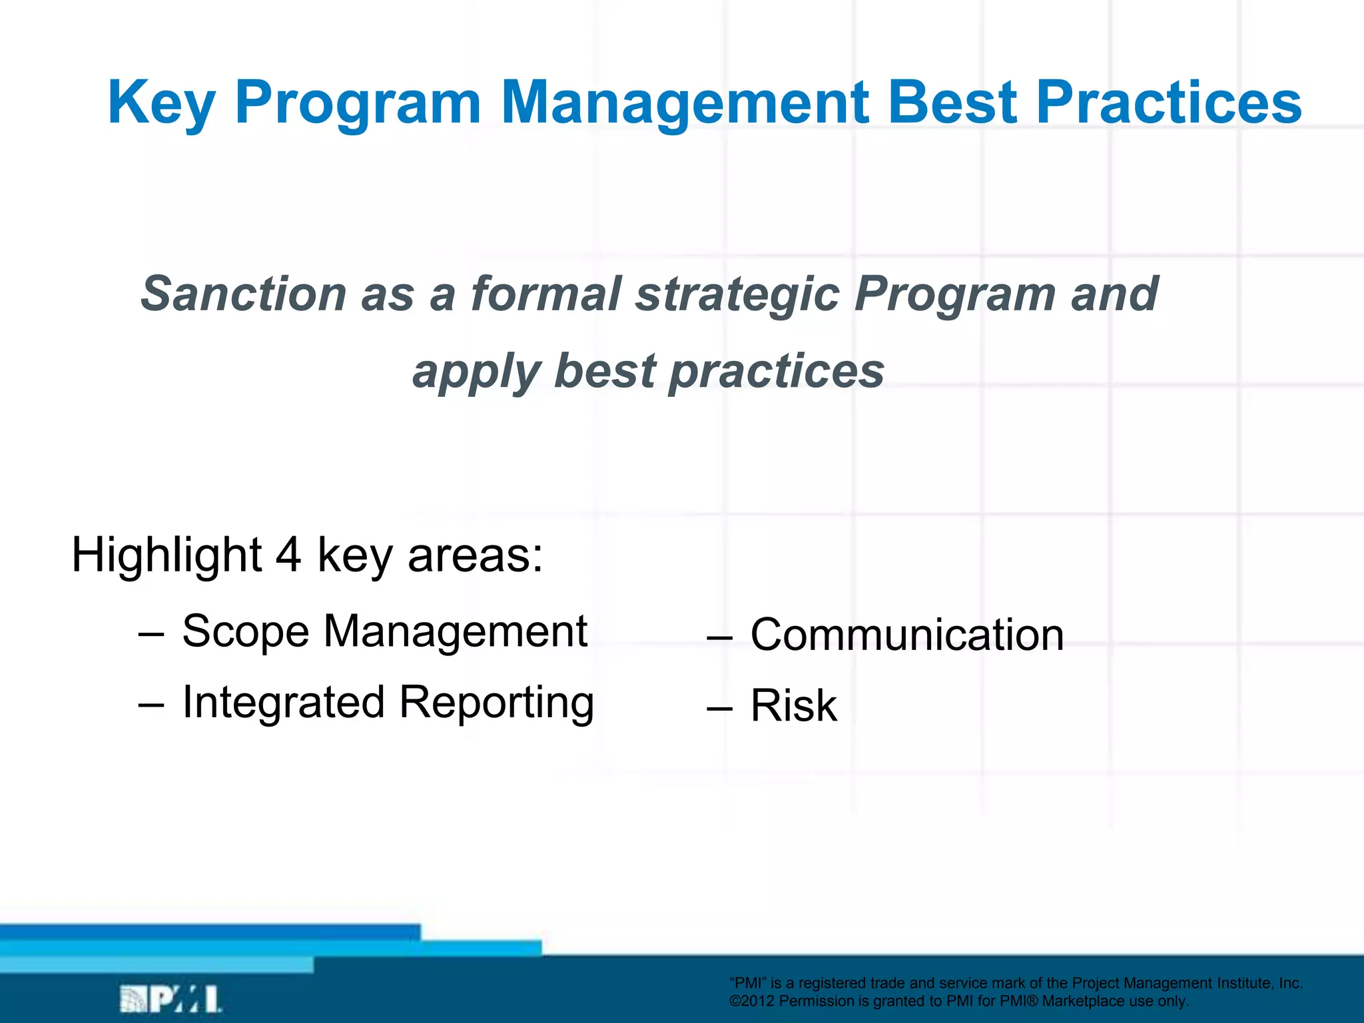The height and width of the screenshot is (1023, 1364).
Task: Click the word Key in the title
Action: coord(161,103)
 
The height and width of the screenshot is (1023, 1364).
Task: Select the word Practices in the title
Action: coord(1168,103)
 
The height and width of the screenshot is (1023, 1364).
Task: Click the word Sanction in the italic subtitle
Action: coord(243,294)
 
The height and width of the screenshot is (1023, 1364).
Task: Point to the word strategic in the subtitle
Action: coord(737,294)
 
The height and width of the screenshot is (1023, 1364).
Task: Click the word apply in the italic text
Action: coord(474,372)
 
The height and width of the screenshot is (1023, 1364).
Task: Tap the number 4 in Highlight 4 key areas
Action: coord(288,555)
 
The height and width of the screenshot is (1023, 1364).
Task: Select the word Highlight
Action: coord(167,555)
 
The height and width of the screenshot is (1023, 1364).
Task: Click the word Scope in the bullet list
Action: coord(245,631)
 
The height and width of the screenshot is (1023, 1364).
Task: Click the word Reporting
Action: coord(496,703)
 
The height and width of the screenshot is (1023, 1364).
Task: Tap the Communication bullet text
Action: coord(906,635)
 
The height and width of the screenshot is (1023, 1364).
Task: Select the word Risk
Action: coord(793,706)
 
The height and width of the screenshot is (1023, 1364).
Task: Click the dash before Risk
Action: coord(719,707)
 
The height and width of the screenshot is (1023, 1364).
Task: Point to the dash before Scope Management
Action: coord(151,633)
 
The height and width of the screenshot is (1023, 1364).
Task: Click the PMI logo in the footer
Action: coord(170,1000)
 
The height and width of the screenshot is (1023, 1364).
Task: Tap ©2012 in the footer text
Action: coord(752,1001)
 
